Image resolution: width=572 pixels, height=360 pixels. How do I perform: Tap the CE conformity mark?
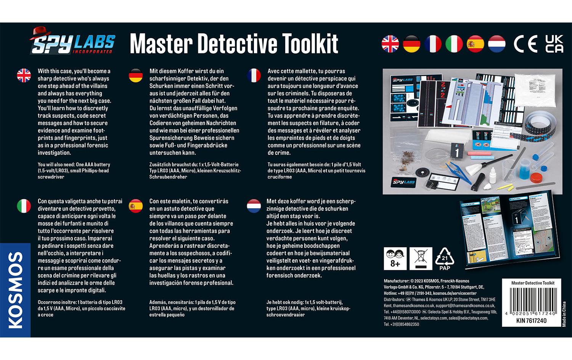point(525,44)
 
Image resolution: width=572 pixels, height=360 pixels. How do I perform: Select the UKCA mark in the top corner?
point(554,44)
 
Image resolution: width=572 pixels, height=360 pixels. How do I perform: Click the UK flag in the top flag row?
point(390,44)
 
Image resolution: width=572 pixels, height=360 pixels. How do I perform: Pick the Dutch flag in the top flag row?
point(496,44)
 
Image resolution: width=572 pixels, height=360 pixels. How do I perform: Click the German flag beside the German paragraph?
point(136,76)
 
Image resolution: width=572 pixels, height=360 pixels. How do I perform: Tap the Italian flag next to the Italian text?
point(24,206)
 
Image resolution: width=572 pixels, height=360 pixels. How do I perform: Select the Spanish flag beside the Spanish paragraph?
point(136,206)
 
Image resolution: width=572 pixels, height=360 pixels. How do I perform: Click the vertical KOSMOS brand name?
point(15,290)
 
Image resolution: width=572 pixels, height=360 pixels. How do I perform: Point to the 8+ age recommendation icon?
point(395,259)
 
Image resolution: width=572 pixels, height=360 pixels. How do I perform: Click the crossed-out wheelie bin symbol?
point(421,259)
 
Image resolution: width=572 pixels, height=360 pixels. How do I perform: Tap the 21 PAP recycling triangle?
point(445,259)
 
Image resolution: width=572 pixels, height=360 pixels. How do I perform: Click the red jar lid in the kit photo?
point(536,178)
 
